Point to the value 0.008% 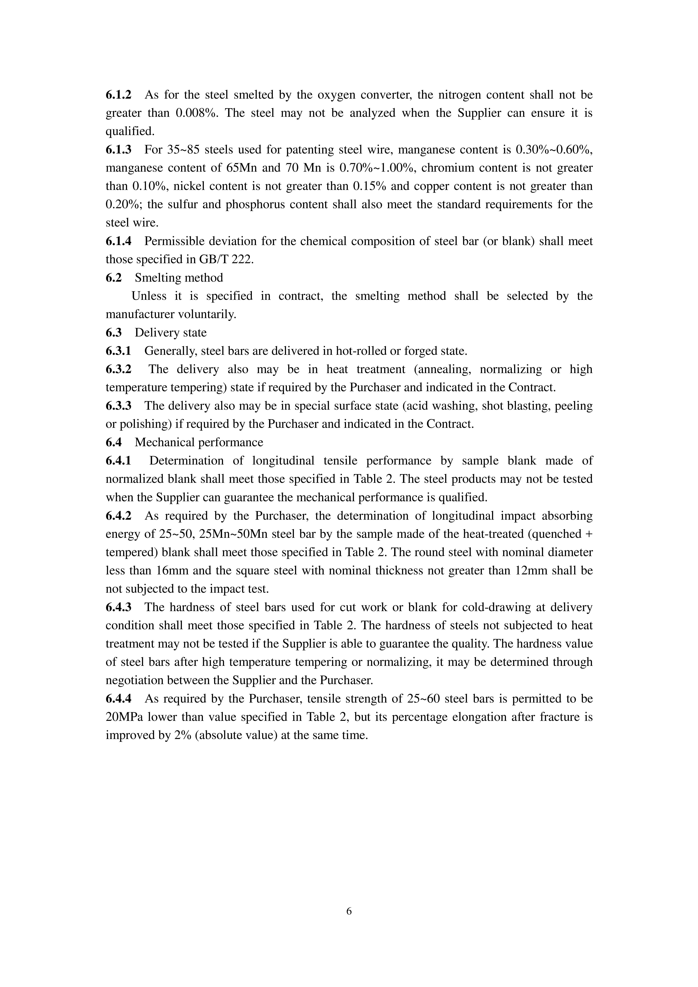point(196,113)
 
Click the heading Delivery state point(171,333)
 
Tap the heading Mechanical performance point(199,442)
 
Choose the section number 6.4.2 point(119,516)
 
